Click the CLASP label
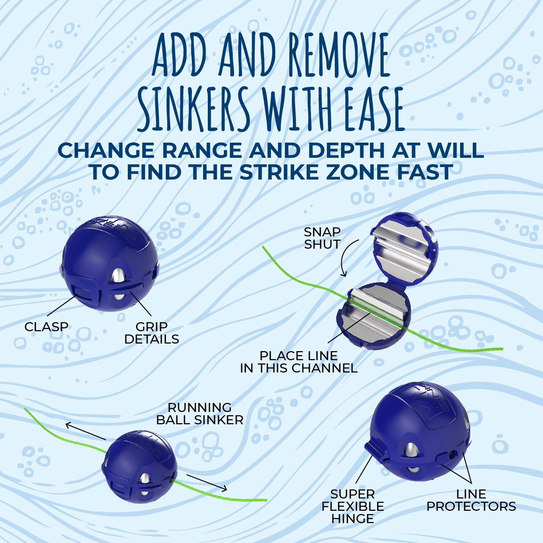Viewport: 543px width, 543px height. coord(46,327)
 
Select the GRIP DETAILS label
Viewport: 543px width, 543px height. coord(151,333)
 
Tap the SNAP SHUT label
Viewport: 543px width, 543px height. coord(322,238)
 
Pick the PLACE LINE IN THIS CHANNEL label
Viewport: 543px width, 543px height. coord(299,362)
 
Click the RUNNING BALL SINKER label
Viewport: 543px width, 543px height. coord(199,413)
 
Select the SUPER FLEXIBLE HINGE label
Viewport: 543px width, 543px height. coord(353,506)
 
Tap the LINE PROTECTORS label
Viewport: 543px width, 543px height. coord(471,500)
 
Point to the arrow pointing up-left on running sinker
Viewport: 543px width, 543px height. coord(85,431)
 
